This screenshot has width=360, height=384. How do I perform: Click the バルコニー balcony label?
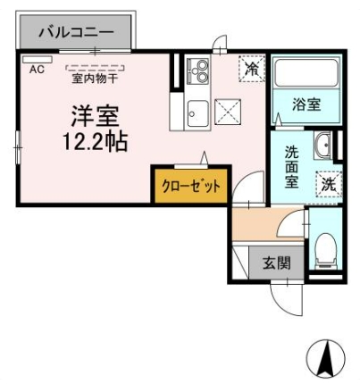pos(76,32)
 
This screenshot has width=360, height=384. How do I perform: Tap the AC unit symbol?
pos(38,59)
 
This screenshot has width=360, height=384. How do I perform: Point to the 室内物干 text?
pos(95,79)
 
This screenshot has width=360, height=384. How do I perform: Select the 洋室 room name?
pos(95,116)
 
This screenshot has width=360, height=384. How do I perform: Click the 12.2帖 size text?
pos(95,141)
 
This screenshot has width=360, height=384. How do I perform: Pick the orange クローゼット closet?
pos(191,186)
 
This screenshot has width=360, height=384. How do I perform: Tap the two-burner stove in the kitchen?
pos(198,71)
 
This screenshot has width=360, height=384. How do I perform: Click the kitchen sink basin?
pos(197,113)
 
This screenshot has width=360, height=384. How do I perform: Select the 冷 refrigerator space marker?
pos(252,69)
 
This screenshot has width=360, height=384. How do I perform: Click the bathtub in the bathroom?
pos(306,73)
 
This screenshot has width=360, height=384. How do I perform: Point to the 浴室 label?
pos(306,104)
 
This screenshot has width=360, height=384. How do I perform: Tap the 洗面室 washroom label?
pos(291,167)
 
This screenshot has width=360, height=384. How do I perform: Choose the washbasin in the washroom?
pos(322,146)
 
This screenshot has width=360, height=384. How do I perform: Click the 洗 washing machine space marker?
pos(329,186)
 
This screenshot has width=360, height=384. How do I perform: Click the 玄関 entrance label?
pos(277,263)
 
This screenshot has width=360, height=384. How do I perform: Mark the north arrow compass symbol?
pos(325,358)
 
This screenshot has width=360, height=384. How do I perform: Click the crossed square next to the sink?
pos(228,112)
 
